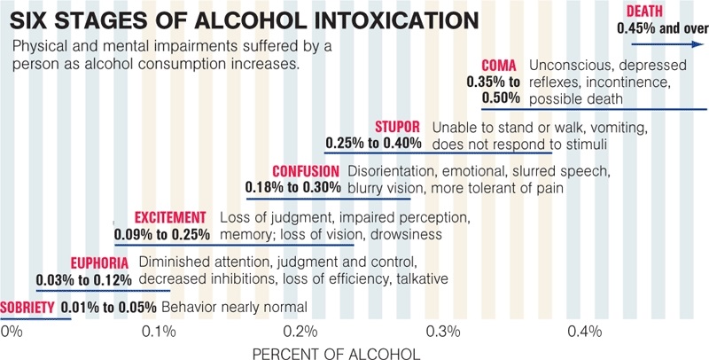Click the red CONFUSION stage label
pyautogui.click(x=306, y=171)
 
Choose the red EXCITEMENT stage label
pyautogui.click(x=170, y=218)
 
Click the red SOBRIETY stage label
pyautogui.click(x=28, y=307)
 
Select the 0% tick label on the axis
pyautogui.click(x=12, y=332)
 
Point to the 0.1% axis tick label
pyautogui.click(x=159, y=332)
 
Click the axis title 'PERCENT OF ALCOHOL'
pyautogui.click(x=336, y=353)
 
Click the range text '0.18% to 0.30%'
pyautogui.click(x=293, y=188)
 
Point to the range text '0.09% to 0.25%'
pyautogui.click(x=162, y=235)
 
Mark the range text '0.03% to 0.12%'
pyautogui.click(x=84, y=279)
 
